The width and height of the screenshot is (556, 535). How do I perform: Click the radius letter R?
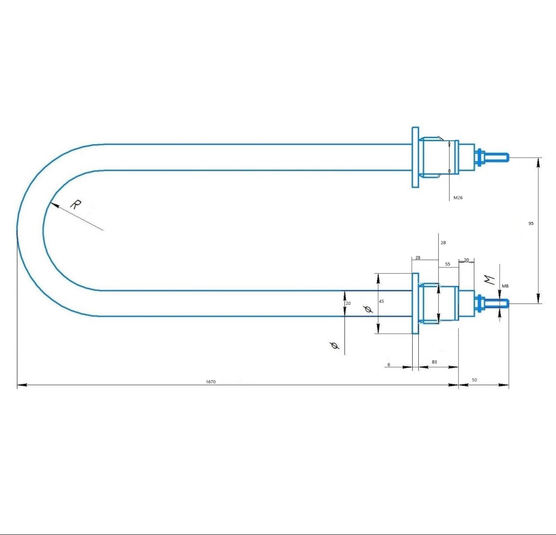[76, 204]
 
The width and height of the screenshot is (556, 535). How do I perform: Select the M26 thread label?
[458, 198]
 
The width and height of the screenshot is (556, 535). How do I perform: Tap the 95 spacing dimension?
[531, 223]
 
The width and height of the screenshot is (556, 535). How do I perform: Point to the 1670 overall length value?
[211, 382]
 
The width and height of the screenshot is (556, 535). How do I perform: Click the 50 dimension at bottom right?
[474, 380]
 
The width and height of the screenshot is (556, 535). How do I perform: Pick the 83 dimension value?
[434, 362]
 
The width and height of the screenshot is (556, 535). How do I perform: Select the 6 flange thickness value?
[389, 364]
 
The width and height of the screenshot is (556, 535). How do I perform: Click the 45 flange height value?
[381, 301]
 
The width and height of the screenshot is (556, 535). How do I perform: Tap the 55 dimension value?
[448, 264]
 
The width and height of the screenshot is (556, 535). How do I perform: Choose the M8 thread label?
[505, 286]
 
